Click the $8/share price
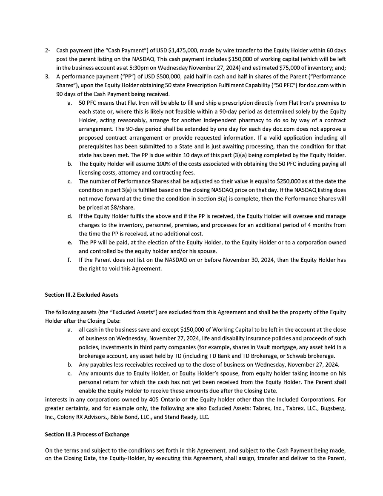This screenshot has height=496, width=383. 112,207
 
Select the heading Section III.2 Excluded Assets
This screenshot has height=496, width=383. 82,295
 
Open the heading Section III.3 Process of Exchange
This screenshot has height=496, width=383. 87,434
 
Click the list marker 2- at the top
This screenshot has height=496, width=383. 48,51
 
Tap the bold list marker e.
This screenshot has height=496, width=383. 69,243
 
